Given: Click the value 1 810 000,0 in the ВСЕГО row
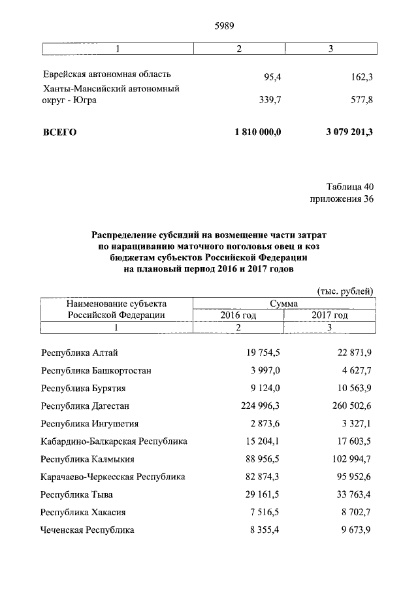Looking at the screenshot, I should pos(257,132).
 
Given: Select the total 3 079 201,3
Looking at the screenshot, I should pos(349,132).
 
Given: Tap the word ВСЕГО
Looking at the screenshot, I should pos(59,132).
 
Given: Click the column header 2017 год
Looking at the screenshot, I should pos(329,315).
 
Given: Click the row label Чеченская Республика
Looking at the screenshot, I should pos(87,530).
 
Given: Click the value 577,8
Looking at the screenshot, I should pos(359,101).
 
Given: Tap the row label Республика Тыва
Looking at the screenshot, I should pos(74,494).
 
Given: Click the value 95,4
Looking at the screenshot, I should pos(272,77).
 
